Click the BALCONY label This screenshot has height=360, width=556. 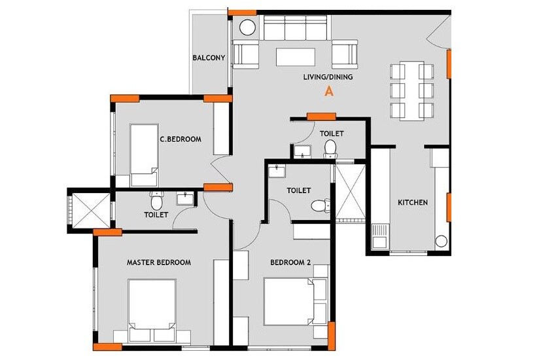tap(209, 58)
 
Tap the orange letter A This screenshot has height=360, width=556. tap(329, 92)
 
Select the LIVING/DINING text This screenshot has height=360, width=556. tap(328, 77)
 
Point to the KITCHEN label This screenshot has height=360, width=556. tap(413, 203)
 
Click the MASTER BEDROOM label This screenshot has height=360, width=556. tap(158, 262)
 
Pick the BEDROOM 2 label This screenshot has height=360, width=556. tap(290, 263)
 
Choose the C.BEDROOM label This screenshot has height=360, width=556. tap(180, 139)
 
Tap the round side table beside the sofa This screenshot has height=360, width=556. tap(248, 28)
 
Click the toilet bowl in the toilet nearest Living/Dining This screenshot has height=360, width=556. tap(331, 148)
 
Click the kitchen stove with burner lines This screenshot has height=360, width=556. tap(380, 236)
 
